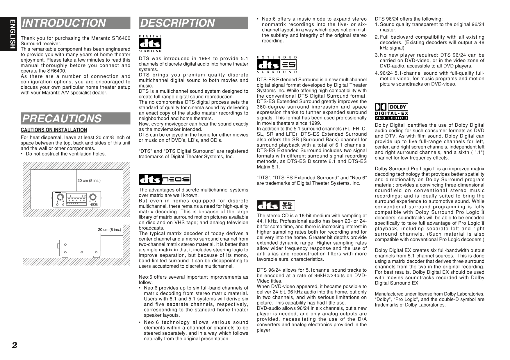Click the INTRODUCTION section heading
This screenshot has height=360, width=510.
64,23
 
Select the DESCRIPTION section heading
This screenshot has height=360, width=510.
177,23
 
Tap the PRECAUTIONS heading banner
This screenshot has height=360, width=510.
62,119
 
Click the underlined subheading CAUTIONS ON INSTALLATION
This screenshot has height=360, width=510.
54,130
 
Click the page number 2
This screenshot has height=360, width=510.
14,345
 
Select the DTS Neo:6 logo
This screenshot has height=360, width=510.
165,180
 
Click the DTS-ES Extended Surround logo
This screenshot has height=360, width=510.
277,65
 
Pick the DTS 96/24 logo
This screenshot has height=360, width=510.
276,206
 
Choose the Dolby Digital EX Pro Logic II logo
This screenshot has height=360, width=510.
392,112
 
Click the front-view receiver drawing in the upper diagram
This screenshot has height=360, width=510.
76,200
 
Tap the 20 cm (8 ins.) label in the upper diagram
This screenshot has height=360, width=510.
89,181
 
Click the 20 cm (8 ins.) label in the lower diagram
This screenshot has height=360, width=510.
109,230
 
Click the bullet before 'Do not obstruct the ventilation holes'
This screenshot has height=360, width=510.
22,154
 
